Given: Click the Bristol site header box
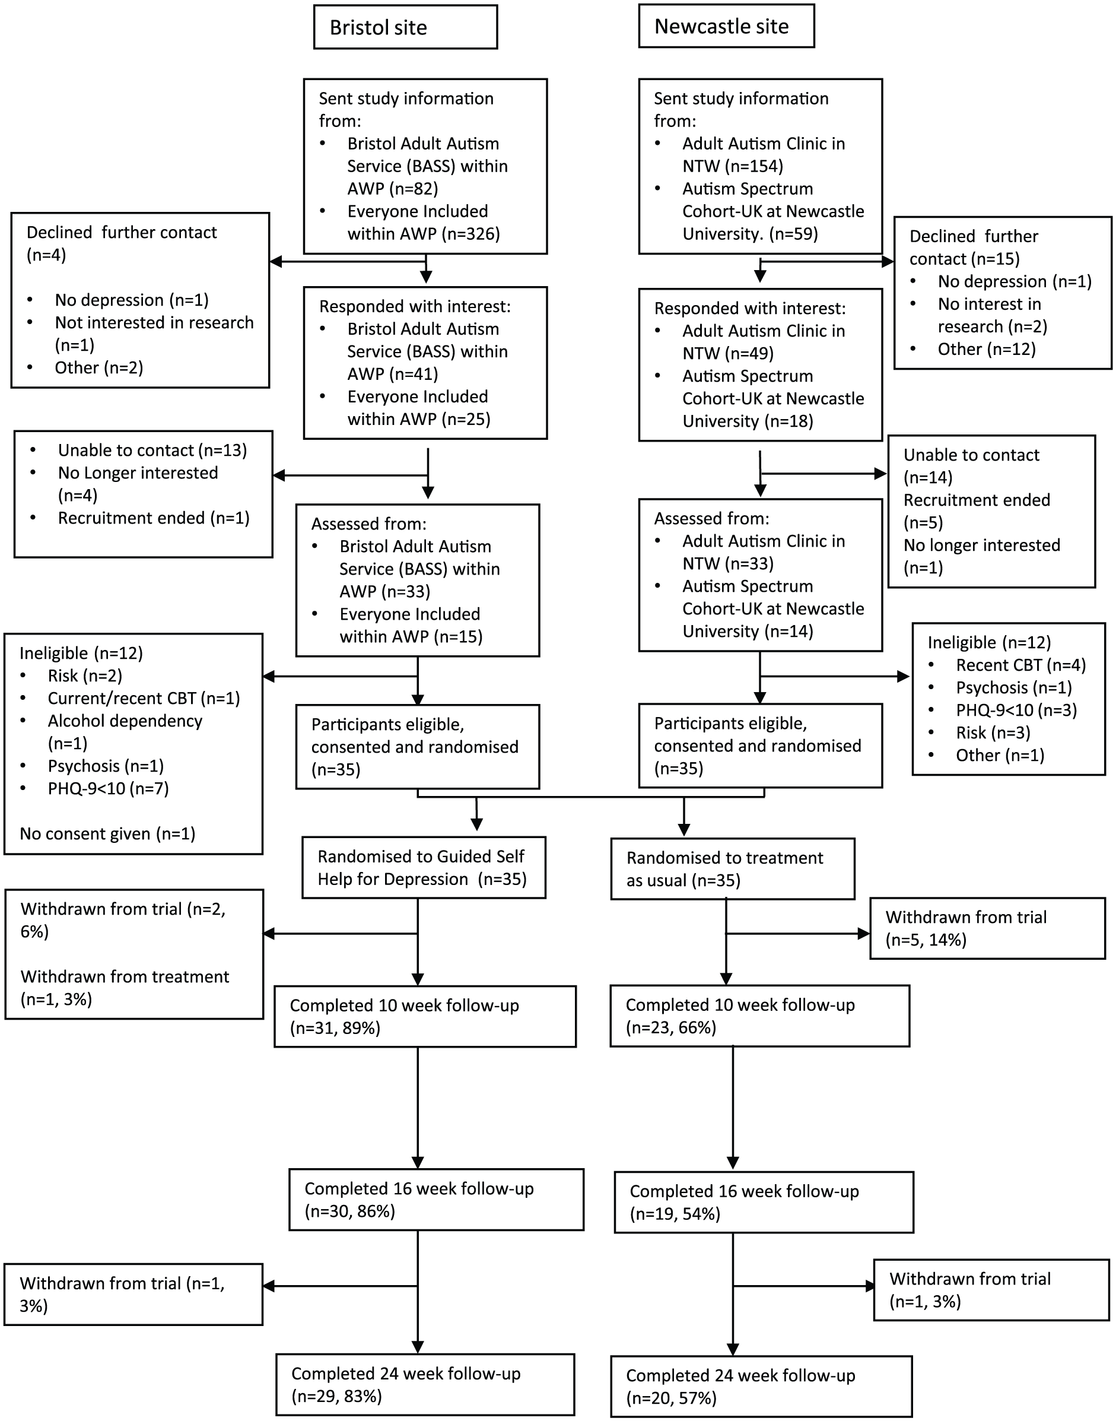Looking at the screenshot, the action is (x=405, y=27).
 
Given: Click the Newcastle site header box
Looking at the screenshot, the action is (x=726, y=26).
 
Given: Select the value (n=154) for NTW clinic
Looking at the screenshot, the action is (x=753, y=166).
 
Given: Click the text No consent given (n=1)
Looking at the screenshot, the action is (x=108, y=834).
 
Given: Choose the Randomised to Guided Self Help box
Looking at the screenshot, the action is (x=424, y=868).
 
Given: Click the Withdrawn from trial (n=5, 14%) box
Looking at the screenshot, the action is (x=987, y=929).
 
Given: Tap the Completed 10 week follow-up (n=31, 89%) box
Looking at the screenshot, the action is (x=425, y=1016).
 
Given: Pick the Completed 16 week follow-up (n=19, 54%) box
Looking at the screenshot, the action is (x=764, y=1203).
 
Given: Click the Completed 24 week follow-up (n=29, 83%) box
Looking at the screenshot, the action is (x=425, y=1384).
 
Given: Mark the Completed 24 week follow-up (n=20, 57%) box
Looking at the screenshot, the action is (x=761, y=1387).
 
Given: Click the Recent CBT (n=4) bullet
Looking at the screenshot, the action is (x=1020, y=665).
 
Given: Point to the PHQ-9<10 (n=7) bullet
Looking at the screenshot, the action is (x=109, y=789).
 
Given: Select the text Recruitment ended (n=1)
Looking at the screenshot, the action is (x=154, y=518).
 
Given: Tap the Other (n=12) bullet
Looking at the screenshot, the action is (x=987, y=349).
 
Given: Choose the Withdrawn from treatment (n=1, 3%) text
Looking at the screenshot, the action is (x=125, y=988).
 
